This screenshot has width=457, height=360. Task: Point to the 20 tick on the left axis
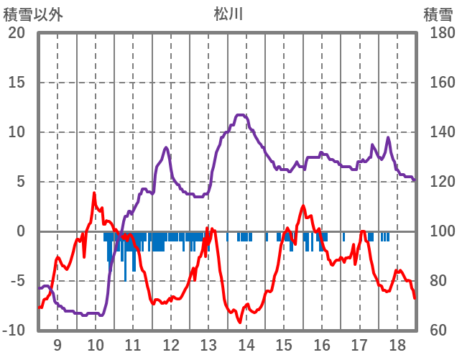coord(17,33)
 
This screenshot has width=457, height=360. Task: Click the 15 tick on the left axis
coord(17,83)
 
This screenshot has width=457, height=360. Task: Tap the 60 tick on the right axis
coord(436,331)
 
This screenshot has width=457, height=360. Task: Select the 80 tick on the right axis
coord(436,281)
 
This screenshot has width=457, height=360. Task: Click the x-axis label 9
coord(57,344)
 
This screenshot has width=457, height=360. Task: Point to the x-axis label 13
coord(208,344)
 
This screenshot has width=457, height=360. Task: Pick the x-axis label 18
coord(397,344)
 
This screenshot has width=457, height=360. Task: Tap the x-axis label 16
coord(322,344)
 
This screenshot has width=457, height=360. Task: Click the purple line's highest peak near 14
coord(241,115)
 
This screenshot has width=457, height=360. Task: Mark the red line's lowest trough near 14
coord(240,322)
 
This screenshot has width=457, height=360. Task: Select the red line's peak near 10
coord(94,193)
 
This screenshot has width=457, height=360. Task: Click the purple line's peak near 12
coord(166,147)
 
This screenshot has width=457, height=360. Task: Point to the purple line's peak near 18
coord(388,138)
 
